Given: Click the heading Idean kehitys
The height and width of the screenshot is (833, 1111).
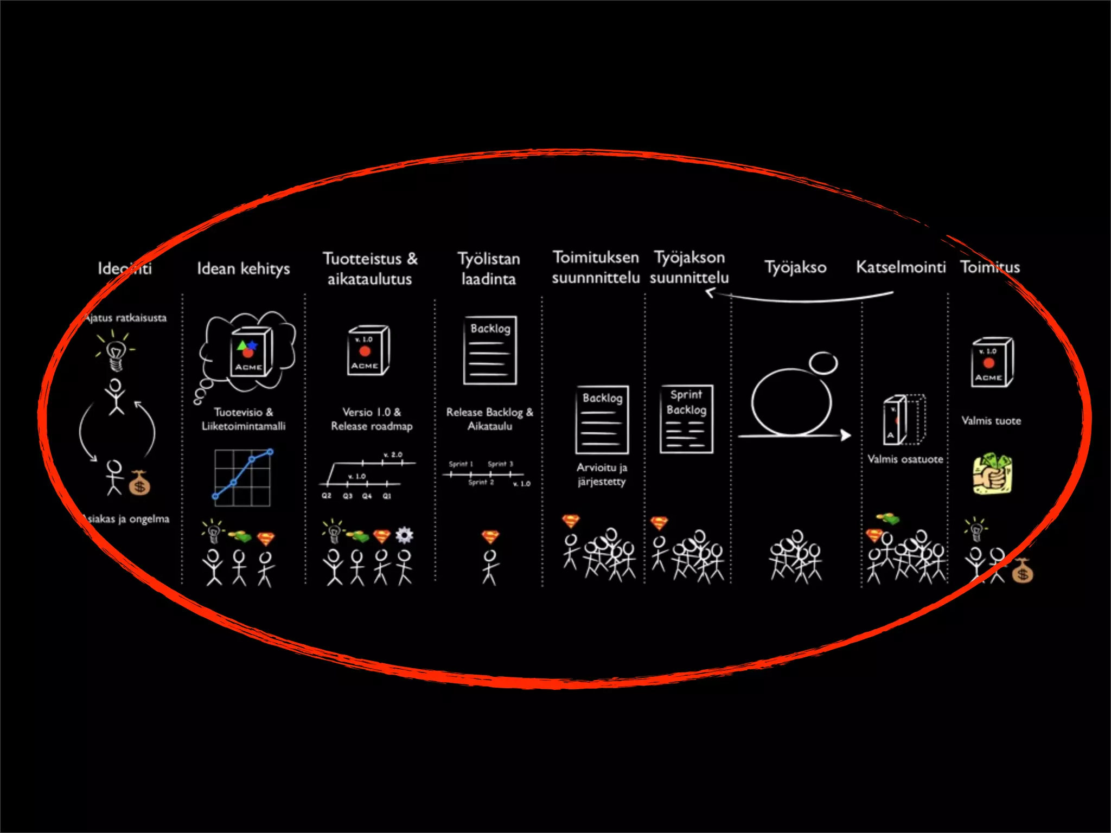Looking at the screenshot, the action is tap(243, 268).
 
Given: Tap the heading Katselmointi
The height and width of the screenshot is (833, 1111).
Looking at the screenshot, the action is tap(901, 267).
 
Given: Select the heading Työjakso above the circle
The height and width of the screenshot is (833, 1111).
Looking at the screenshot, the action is tap(795, 267).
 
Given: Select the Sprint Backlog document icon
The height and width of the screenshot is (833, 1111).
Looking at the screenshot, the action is tap(686, 419).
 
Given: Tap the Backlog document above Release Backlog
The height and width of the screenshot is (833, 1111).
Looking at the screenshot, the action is tap(490, 350).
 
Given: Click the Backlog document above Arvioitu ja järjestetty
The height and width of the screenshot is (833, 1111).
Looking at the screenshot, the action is tap(602, 420).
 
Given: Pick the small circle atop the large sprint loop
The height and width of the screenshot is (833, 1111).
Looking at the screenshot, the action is tap(823, 363).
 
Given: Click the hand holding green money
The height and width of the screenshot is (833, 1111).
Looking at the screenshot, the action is tap(992, 474).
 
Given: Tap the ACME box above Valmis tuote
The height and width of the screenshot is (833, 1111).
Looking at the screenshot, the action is tap(992, 362).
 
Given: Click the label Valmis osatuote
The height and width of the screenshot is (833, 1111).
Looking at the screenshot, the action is tap(905, 459).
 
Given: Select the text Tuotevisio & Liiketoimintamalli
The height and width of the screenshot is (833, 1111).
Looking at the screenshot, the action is tap(244, 419).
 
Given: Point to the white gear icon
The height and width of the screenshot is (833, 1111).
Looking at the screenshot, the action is tap(404, 535).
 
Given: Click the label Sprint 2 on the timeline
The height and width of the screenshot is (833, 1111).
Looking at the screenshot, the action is tap(481, 482).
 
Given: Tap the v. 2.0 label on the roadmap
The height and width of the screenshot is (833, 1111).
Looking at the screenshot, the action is tap(393, 454).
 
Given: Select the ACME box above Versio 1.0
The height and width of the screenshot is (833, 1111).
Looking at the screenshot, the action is tap(368, 350).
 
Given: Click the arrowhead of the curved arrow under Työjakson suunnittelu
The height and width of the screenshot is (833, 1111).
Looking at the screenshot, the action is tap(710, 293).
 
